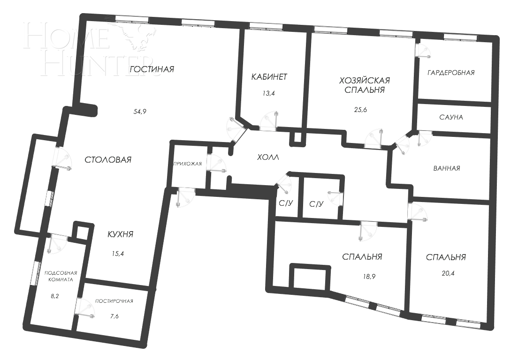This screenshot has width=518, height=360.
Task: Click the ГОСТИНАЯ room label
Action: point(152,69)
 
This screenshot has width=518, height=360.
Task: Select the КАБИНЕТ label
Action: point(269,77)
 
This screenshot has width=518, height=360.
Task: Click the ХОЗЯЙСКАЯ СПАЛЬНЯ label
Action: point(361,85)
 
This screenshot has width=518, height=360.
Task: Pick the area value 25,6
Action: point(361,110)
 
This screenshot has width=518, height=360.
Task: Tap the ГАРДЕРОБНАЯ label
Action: point(451,73)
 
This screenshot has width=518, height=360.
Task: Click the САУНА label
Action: point(451,117)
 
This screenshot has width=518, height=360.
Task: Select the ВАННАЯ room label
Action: point(446,168)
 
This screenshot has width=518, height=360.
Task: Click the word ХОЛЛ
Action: point(268,158)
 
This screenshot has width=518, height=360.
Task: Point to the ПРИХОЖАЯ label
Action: point(187,164)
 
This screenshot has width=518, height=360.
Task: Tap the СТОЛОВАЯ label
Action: point(108,159)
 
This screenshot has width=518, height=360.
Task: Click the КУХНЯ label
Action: point(117,235)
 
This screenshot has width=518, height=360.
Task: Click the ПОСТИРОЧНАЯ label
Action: point(114,301)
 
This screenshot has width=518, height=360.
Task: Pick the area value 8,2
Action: point(54,296)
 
